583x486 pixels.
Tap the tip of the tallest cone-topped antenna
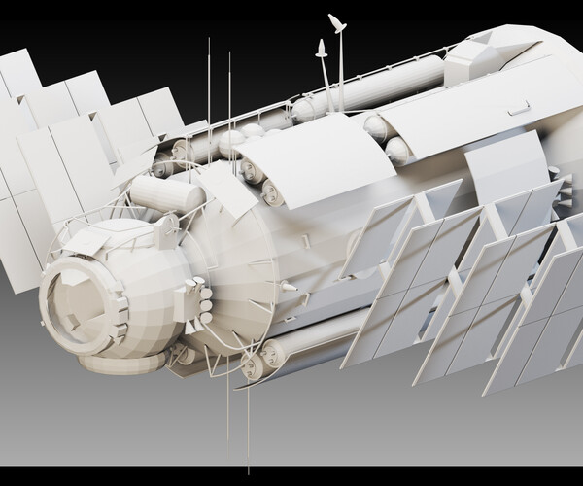pyautogui.click(x=336, y=21)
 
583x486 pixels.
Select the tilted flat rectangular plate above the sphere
pyautogui.click(x=230, y=184)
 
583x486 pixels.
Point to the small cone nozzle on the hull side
pyautogui.click(x=289, y=287)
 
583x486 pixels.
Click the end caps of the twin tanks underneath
pyautogui.click(x=255, y=366)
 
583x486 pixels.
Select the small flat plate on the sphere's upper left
pyautogui.click(x=88, y=241)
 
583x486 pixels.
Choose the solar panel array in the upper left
pyautogui.click(x=68, y=136)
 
